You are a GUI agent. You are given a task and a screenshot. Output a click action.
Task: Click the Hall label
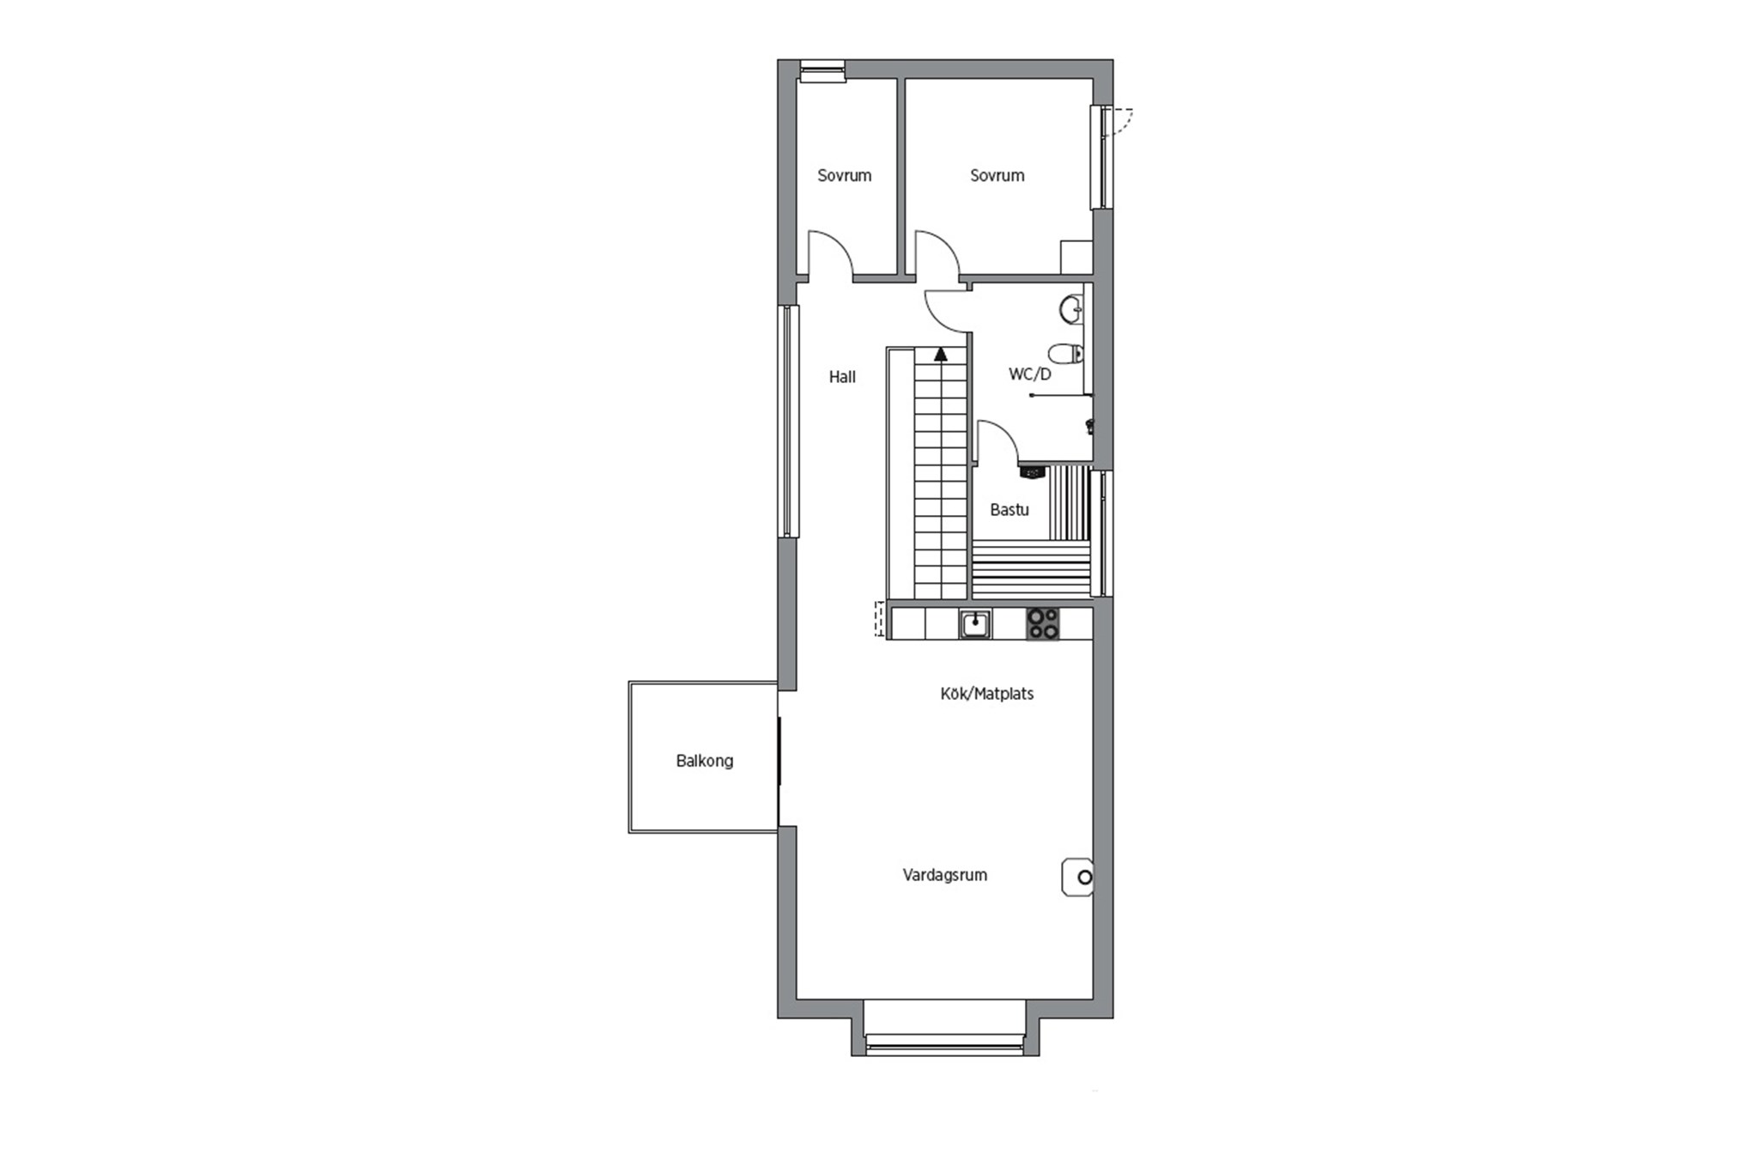(x=842, y=376)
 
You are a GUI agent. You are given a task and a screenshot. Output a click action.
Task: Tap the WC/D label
(x=1029, y=374)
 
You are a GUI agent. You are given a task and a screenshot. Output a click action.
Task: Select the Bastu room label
(x=1009, y=509)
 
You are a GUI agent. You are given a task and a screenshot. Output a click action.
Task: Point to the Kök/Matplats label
(x=986, y=694)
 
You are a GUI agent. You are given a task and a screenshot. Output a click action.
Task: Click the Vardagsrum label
(x=944, y=875)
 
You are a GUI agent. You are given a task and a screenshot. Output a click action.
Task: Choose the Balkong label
(x=704, y=761)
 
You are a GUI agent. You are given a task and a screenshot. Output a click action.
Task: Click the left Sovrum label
(x=844, y=175)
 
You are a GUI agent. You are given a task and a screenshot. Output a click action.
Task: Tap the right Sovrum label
(x=997, y=175)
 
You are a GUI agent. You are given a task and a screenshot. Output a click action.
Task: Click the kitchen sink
(x=975, y=624)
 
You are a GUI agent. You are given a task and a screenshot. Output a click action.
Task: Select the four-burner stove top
(x=1043, y=623)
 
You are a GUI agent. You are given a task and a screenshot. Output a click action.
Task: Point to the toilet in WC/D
(x=1065, y=354)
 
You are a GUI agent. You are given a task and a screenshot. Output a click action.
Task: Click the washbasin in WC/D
(x=1071, y=310)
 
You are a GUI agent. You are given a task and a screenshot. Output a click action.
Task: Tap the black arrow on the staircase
(x=941, y=353)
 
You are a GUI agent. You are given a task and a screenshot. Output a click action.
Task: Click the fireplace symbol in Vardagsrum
(x=1077, y=877)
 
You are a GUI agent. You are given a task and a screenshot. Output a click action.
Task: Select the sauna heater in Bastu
(x=1033, y=471)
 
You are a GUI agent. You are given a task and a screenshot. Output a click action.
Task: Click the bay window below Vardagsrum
(x=945, y=1041)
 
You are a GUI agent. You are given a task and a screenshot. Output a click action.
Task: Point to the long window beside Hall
(x=788, y=421)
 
